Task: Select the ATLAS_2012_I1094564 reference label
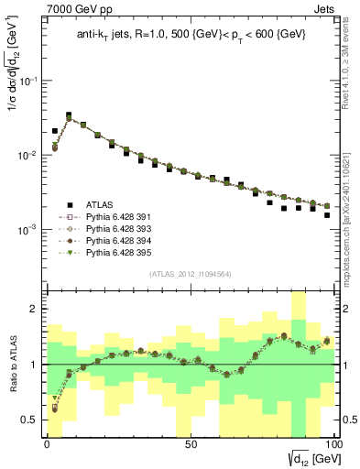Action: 191,274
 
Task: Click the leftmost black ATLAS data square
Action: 55,131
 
